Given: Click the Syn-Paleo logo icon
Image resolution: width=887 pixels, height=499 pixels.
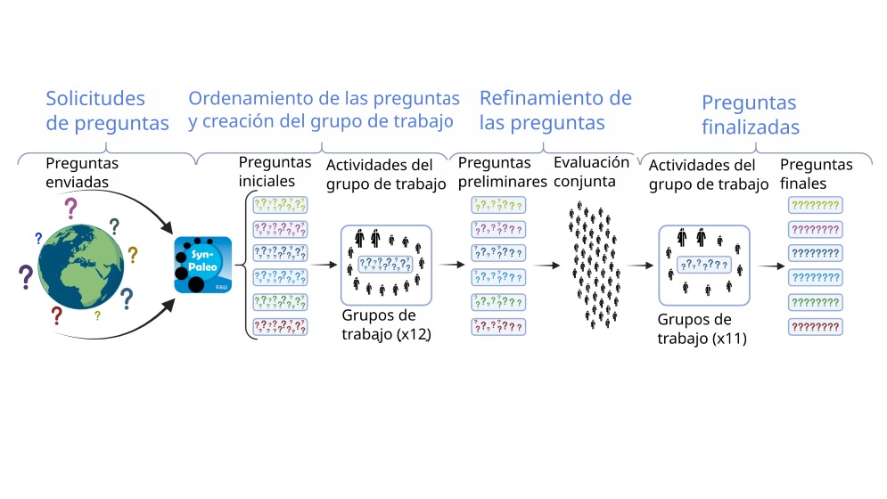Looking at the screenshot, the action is [x=203, y=265].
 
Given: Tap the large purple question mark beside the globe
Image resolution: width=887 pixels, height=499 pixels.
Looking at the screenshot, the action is [x=26, y=277].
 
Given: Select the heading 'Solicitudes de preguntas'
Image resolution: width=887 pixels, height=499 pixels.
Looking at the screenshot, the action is [x=107, y=110].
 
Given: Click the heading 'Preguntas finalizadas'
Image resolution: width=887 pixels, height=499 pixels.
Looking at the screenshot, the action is [x=750, y=115].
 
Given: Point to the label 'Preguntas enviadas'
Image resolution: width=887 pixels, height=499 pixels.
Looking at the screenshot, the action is [x=82, y=173].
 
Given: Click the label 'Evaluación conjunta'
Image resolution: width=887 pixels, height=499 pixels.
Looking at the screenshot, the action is [x=591, y=171].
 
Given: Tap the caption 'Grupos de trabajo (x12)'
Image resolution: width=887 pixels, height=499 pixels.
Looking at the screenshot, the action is [x=386, y=324].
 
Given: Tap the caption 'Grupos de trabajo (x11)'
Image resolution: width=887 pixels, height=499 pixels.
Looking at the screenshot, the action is [x=702, y=329].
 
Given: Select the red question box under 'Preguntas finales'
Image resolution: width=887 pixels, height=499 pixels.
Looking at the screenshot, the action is [x=815, y=327].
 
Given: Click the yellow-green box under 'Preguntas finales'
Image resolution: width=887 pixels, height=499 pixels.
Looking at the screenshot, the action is [x=815, y=205].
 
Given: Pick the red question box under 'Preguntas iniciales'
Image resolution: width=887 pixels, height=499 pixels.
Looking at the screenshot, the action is [x=280, y=327].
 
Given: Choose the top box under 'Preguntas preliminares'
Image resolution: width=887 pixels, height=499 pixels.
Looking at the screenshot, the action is [x=497, y=205].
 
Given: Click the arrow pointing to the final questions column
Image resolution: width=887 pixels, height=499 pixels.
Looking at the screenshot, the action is [x=772, y=266].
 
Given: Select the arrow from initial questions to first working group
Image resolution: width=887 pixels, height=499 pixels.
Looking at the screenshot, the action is [x=324, y=265].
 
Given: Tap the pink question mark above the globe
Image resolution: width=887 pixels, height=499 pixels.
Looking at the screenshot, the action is [x=70, y=209].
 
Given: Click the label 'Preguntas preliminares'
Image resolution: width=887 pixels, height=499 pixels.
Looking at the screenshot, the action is [x=502, y=172].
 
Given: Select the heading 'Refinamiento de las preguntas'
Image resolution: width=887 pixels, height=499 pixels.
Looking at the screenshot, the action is [x=555, y=110].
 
